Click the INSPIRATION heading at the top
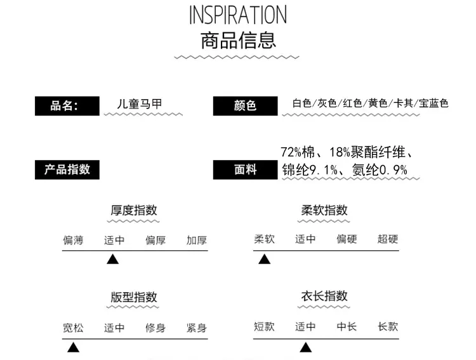click(238, 15)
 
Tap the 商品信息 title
click(238, 41)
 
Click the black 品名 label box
click(67, 106)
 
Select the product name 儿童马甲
click(140, 104)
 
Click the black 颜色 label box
click(245, 106)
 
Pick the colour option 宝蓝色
click(433, 103)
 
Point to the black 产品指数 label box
click(67, 170)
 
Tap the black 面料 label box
click(245, 170)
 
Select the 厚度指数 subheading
click(134, 210)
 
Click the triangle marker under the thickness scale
click(112, 259)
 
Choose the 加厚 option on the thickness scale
click(197, 240)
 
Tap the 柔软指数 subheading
click(324, 210)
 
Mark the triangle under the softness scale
click(264, 259)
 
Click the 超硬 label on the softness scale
click(388, 239)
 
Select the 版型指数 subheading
click(134, 297)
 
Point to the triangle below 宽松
click(73, 347)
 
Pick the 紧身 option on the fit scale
click(197, 328)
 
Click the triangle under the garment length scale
click(306, 347)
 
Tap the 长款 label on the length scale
click(388, 326)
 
